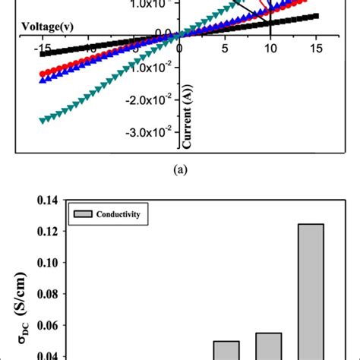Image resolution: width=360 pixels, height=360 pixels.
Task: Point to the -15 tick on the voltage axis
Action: pos(43,48)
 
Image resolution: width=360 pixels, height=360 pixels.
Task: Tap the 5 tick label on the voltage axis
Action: pos(224,48)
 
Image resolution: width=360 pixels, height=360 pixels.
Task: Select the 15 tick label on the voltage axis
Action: pos(314,48)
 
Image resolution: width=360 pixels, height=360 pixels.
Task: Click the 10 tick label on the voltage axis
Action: pos(270,48)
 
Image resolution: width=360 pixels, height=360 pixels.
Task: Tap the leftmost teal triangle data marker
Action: pos(43,120)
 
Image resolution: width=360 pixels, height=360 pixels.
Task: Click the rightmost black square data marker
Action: pos(315,16)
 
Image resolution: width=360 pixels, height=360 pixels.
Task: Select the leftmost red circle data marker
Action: pos(43,74)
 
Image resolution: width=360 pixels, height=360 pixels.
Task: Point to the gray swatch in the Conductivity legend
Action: pos(81,215)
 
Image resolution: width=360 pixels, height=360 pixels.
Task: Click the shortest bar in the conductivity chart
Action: pos(226,350)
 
